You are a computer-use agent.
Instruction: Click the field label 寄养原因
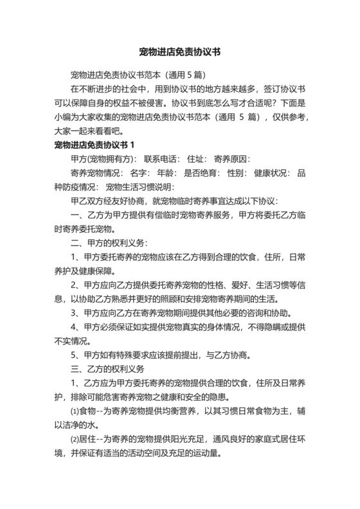[232, 159]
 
